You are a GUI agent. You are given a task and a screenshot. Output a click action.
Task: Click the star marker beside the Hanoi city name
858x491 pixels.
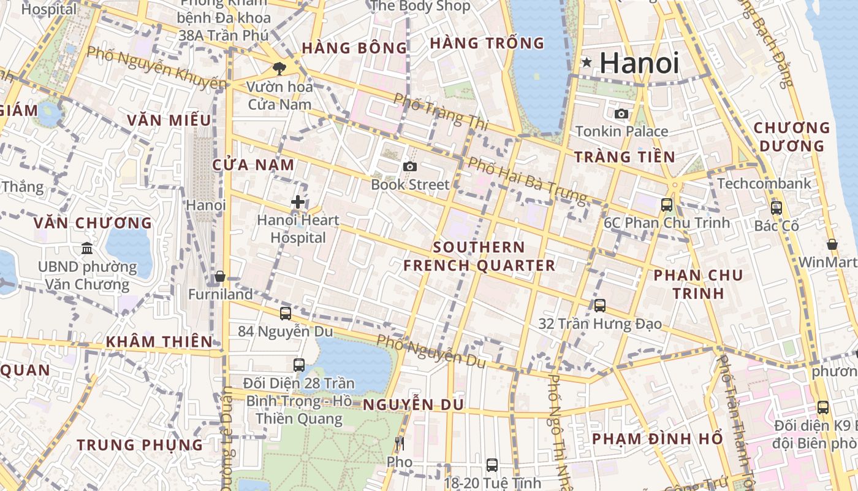[x=587, y=62]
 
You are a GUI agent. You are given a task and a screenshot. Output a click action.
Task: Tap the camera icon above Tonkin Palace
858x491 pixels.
[x=621, y=114]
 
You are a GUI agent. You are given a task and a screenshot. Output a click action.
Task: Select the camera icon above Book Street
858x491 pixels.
[x=410, y=166]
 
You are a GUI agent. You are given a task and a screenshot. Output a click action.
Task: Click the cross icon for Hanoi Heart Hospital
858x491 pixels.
[x=298, y=201]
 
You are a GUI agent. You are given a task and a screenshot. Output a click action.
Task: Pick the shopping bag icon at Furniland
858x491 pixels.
[x=220, y=277]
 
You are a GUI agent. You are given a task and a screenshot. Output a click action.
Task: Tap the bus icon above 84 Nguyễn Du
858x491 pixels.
[x=285, y=314]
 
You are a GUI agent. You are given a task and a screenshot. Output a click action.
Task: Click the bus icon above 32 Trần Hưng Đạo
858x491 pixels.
[x=599, y=305]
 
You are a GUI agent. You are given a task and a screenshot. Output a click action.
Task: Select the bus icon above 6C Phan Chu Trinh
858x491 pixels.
[x=667, y=205]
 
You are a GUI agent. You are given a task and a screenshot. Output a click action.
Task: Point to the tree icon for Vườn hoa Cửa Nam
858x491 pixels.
[x=279, y=68]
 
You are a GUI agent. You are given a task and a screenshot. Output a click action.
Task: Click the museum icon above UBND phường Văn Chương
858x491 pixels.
[x=87, y=249]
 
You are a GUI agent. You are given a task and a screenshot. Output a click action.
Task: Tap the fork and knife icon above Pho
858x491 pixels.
[x=400, y=443]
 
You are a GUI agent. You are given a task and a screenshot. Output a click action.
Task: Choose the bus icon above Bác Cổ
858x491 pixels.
[x=776, y=208]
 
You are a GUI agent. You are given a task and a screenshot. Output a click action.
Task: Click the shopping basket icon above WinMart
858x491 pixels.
[x=832, y=244]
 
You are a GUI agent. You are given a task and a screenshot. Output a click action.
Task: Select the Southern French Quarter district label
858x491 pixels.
[x=479, y=257]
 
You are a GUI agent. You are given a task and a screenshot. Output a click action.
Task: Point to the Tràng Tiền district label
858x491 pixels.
[x=625, y=157]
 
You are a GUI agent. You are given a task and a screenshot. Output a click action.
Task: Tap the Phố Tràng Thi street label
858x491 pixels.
[x=440, y=111]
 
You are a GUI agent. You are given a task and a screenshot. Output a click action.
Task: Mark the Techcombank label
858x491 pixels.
[x=764, y=184]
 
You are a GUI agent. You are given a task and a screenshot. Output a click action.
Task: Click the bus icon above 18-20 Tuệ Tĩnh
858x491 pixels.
[x=492, y=465]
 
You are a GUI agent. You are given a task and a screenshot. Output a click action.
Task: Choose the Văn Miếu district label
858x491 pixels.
[x=169, y=120]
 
